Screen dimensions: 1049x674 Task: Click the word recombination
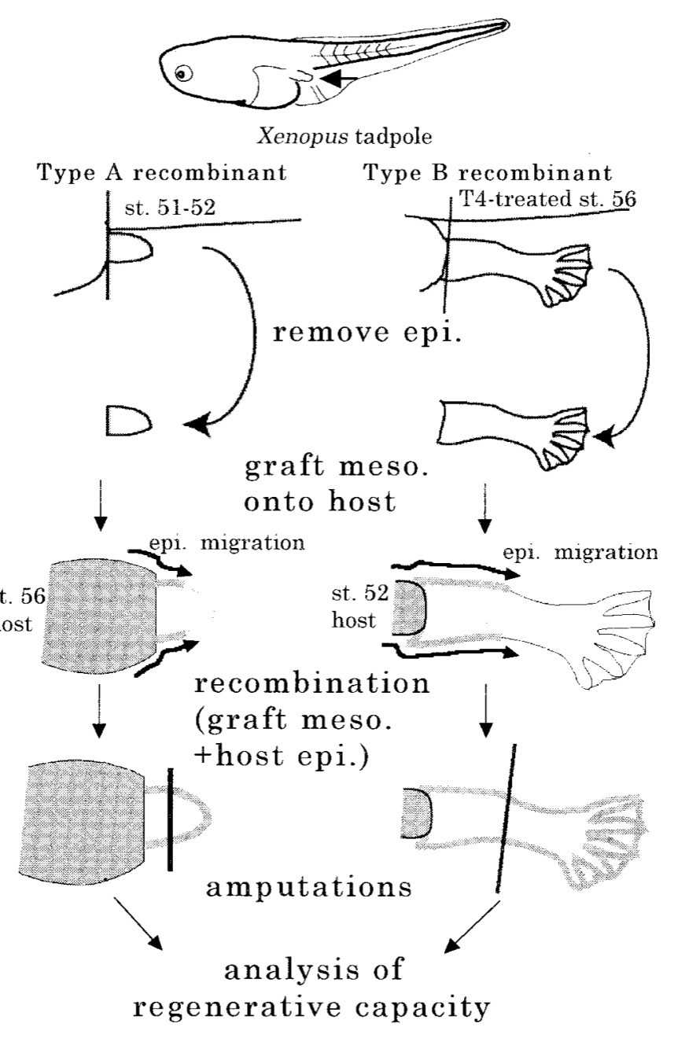(x=312, y=682)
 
